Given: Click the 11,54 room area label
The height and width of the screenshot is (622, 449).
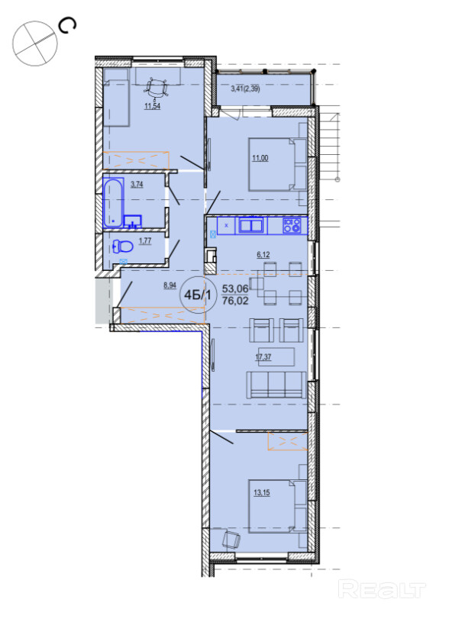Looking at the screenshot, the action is [153, 106].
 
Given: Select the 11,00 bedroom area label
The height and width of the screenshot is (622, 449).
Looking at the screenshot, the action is [260, 158].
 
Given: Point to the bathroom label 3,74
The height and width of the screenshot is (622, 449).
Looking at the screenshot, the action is [137, 184].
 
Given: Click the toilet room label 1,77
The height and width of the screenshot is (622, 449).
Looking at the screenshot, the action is [145, 240].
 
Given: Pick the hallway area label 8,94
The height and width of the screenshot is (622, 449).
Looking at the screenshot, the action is [170, 285].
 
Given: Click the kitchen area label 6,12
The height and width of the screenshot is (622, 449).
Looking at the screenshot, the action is [263, 254].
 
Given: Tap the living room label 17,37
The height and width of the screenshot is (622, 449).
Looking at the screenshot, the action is [263, 356].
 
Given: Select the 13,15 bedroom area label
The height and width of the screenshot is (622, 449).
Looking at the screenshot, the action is [262, 493].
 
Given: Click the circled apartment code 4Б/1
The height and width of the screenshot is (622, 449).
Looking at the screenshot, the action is [198, 295].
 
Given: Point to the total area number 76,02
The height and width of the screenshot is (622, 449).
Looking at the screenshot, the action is [235, 301].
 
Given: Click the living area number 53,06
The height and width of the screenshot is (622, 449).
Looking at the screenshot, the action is [235, 288].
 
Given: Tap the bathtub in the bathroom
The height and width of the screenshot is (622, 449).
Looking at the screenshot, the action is [113, 203].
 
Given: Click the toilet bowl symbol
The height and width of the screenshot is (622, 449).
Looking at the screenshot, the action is [123, 247].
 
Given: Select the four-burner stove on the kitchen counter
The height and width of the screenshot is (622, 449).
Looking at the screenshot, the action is [292, 226].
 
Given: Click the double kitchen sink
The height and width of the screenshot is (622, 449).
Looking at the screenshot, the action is [251, 226].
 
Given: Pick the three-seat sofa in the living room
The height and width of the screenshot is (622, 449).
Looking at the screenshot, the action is [276, 385].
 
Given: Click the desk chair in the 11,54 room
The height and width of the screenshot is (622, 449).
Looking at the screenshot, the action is [156, 88].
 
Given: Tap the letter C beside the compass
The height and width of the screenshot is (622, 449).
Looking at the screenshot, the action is [66, 26].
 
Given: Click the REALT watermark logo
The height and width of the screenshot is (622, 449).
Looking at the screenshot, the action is [382, 588].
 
